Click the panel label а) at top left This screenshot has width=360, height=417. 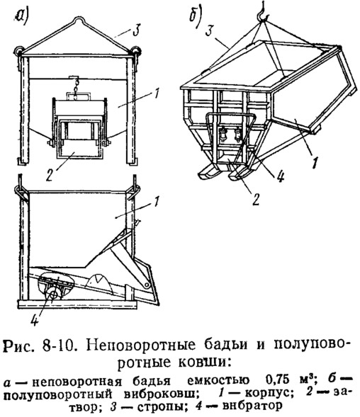click(21, 18)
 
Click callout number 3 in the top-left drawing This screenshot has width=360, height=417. click(135, 30)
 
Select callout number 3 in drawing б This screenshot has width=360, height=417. click(210, 31)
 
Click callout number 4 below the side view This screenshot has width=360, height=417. click(34, 318)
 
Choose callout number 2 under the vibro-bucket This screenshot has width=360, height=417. click(256, 199)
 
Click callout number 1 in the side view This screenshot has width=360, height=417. click(157, 202)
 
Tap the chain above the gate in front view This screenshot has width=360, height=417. click(77, 88)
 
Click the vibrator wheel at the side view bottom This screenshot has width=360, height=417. click(54, 295)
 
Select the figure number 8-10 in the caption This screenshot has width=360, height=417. click(57, 345)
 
